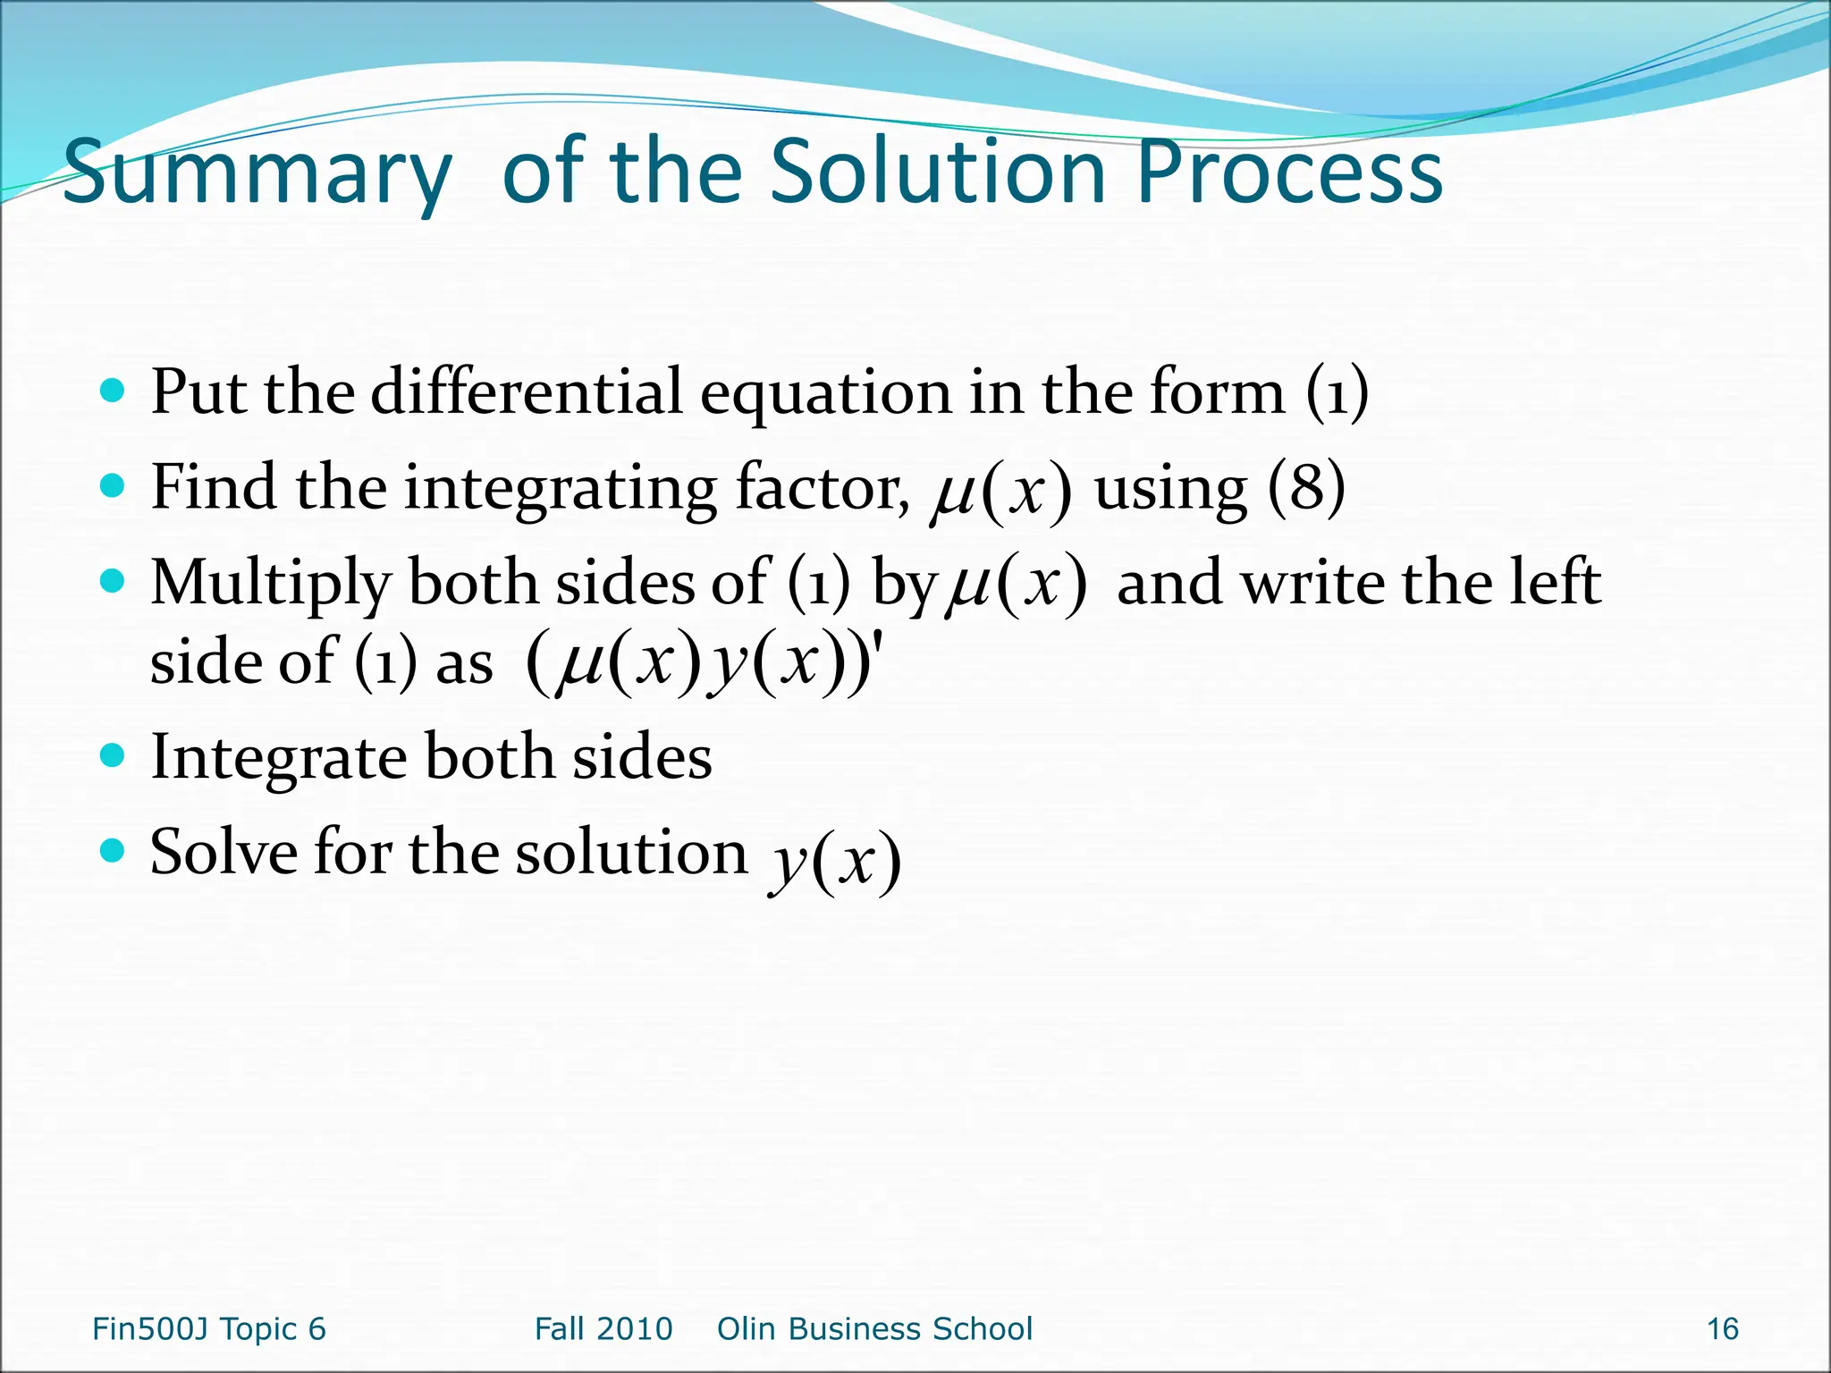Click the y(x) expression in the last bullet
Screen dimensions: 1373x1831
835,860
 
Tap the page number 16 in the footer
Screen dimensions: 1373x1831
1722,1328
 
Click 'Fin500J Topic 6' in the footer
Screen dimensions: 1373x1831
209,1328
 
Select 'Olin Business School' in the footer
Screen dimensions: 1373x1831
874,1328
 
